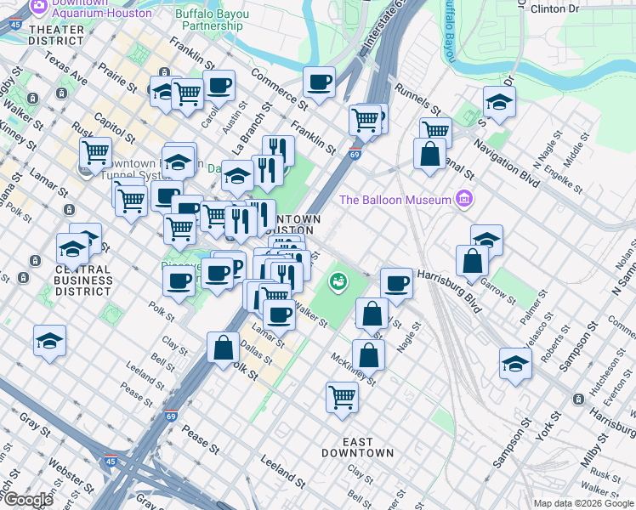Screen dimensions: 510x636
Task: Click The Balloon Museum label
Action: [395, 201]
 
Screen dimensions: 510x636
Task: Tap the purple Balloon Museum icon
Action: [463, 199]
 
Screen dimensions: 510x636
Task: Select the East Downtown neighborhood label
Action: [358, 447]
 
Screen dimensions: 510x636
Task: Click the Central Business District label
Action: [83, 280]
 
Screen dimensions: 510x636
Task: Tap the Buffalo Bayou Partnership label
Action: [213, 20]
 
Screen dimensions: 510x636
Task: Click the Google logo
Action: [28, 500]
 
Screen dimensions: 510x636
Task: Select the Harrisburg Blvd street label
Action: [449, 291]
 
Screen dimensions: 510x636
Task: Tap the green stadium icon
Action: [338, 280]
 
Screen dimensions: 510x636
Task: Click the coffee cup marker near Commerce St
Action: [320, 82]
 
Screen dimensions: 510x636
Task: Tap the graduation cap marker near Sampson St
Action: [515, 364]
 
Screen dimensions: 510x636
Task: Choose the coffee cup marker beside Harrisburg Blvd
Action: [395, 283]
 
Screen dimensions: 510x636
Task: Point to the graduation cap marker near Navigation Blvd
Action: [499, 102]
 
